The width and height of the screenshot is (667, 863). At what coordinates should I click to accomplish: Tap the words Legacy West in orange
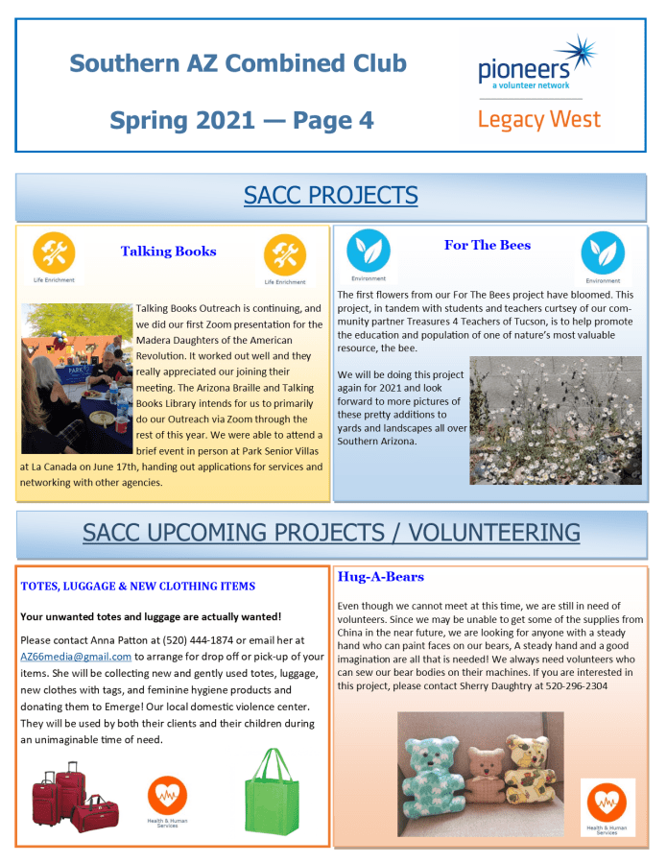click(x=538, y=120)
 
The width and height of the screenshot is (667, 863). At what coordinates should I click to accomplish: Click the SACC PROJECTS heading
click(x=331, y=196)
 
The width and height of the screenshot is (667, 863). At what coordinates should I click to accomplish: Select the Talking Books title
click(x=168, y=252)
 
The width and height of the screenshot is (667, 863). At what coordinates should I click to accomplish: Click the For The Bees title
click(x=488, y=245)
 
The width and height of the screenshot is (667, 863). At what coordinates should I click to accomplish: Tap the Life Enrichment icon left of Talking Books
click(x=53, y=253)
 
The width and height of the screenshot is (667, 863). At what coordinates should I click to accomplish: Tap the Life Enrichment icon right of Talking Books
click(x=284, y=254)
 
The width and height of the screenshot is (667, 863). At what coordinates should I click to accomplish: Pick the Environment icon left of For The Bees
click(x=368, y=250)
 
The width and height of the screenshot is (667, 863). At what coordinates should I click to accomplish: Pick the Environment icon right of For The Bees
click(x=603, y=252)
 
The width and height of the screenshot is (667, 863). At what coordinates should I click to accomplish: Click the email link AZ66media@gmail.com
click(x=76, y=657)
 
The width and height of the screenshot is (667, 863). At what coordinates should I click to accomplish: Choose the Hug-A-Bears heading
click(x=380, y=577)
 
